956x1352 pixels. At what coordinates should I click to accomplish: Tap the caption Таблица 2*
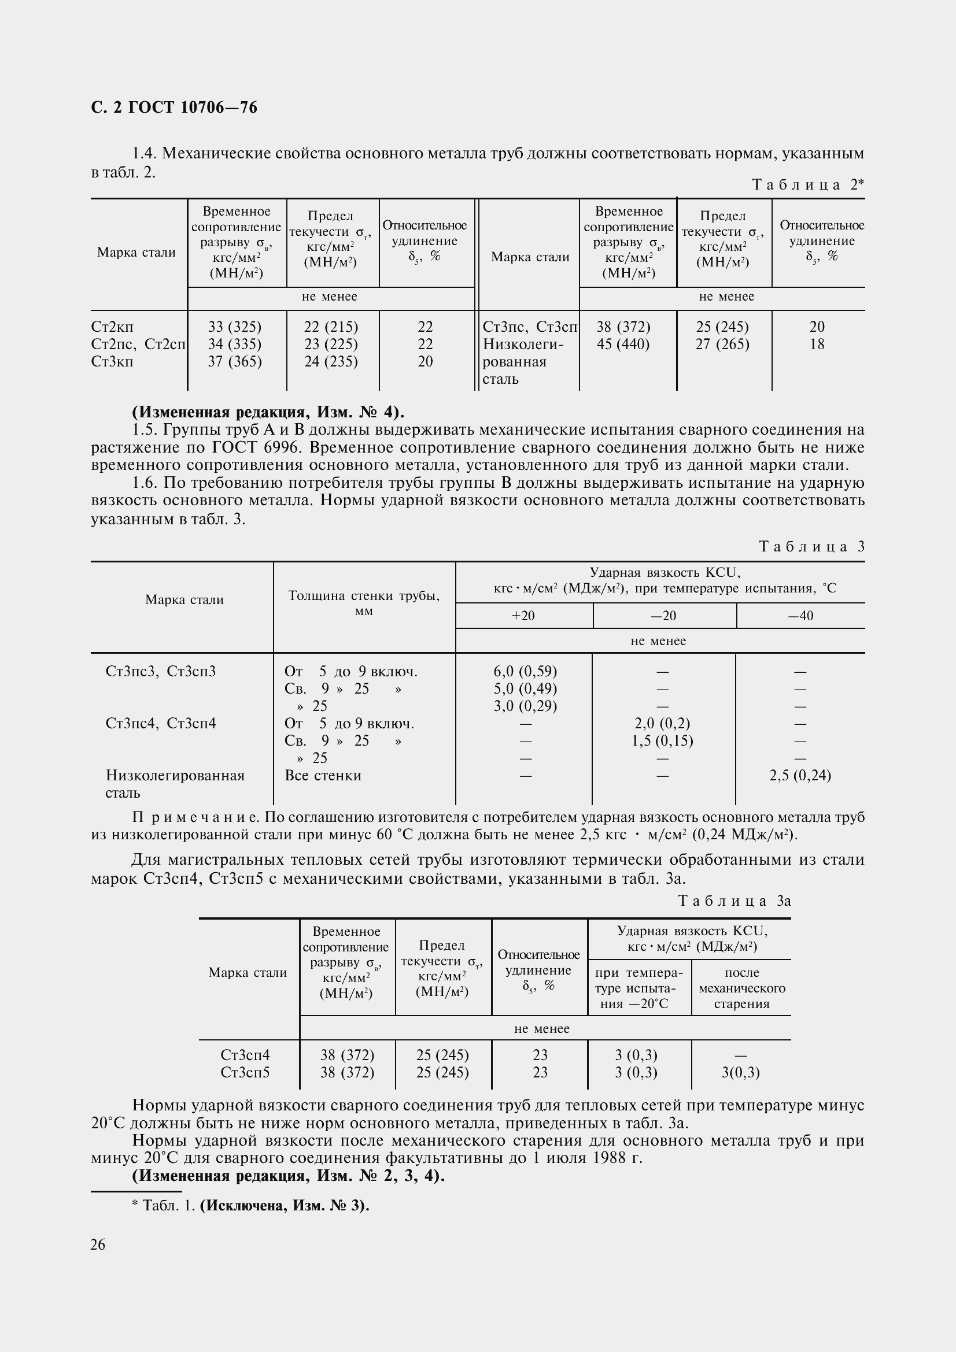pyautogui.click(x=808, y=185)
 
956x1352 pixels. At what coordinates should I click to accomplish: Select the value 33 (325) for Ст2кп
pyautogui.click(x=234, y=327)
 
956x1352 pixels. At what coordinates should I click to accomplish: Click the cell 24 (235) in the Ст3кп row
pyautogui.click(x=331, y=361)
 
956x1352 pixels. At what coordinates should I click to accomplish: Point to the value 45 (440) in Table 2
pyautogui.click(x=623, y=344)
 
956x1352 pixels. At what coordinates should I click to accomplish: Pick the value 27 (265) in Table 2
pyautogui.click(x=722, y=344)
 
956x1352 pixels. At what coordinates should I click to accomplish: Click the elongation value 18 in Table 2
pyautogui.click(x=817, y=344)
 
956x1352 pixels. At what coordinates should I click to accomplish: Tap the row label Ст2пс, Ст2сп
pyautogui.click(x=138, y=344)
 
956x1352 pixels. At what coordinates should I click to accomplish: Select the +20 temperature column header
pyautogui.click(x=523, y=616)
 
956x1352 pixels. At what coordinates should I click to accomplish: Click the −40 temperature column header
pyautogui.click(x=800, y=616)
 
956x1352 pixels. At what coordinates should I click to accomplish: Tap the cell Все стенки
pyautogui.click(x=323, y=776)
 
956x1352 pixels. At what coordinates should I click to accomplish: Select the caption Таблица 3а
pyautogui.click(x=734, y=901)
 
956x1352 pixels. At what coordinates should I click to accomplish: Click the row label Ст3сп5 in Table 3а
pyautogui.click(x=245, y=1072)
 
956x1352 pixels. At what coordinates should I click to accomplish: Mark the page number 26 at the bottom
pyautogui.click(x=98, y=1244)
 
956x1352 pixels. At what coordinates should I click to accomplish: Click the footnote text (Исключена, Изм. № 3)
pyautogui.click(x=285, y=1205)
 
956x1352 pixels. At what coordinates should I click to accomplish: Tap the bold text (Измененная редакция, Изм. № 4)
pyautogui.click(x=268, y=412)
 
